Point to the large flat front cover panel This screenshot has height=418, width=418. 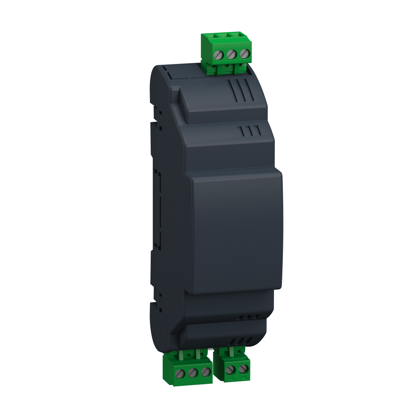(236, 229)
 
